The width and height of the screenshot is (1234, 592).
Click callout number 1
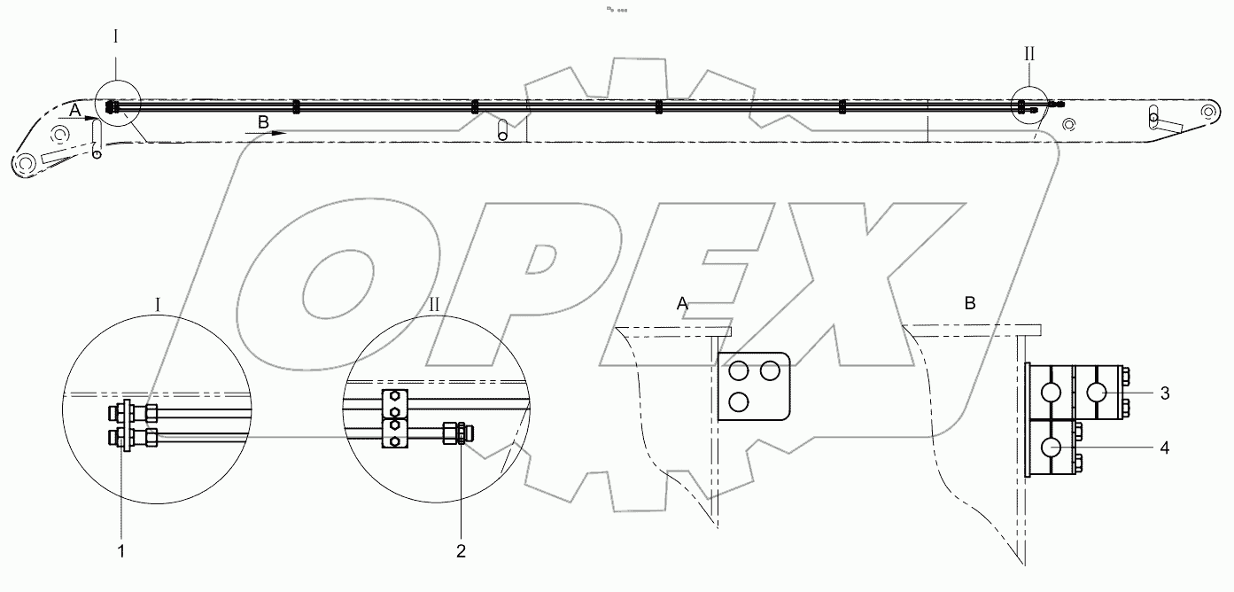121,550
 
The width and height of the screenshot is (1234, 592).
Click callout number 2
461,550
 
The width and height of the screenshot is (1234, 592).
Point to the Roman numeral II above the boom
1029,53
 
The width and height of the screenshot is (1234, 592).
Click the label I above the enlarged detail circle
157,304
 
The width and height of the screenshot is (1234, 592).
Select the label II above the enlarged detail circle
433,304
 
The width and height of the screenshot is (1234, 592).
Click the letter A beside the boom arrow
74,109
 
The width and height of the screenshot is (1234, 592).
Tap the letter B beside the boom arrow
262,121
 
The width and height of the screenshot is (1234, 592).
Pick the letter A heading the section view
682,304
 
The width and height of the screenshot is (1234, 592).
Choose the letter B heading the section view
969,304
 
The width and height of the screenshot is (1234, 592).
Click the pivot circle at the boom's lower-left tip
22,165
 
